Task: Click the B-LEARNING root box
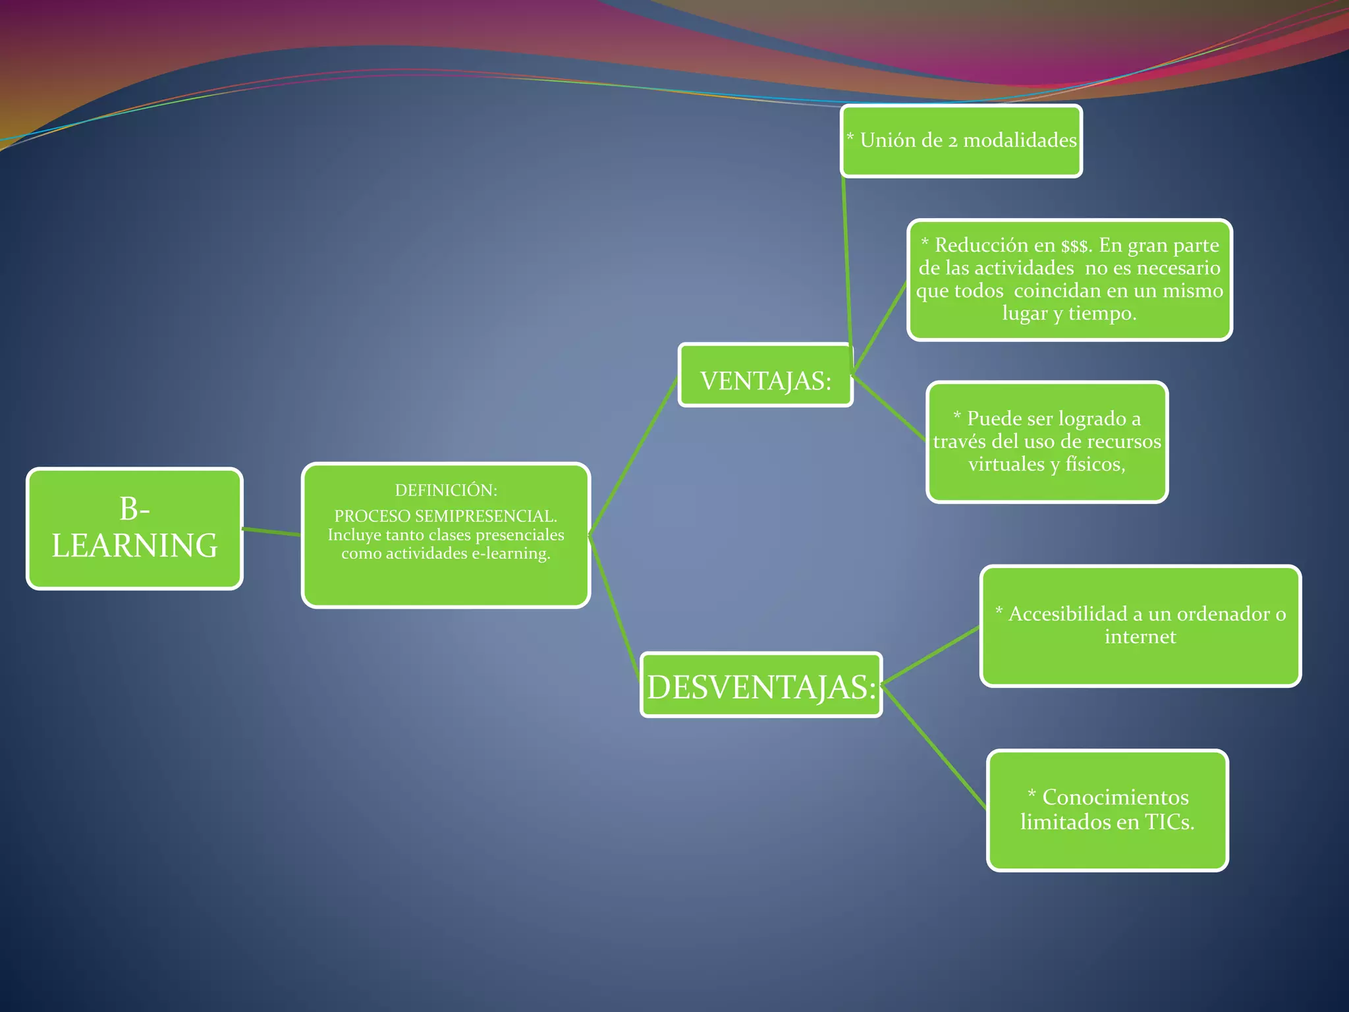[x=134, y=528]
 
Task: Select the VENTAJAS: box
[x=765, y=375]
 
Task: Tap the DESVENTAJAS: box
[x=761, y=685]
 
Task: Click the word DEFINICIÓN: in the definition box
[x=446, y=490]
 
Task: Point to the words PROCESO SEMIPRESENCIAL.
[x=445, y=516]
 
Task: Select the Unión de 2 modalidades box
[x=961, y=141]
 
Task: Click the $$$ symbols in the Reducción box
[x=1076, y=246]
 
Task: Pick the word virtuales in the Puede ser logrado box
[x=1006, y=464]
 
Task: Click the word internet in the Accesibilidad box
[x=1140, y=637]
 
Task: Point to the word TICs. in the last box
[x=1169, y=822]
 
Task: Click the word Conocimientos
[x=1115, y=797]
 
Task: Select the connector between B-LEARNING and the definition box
[x=272, y=532]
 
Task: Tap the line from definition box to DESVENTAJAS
[x=615, y=606]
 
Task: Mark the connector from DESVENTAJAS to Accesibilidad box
[x=930, y=656]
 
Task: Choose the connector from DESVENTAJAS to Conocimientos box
[x=934, y=747]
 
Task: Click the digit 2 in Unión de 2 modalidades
[x=952, y=141]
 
